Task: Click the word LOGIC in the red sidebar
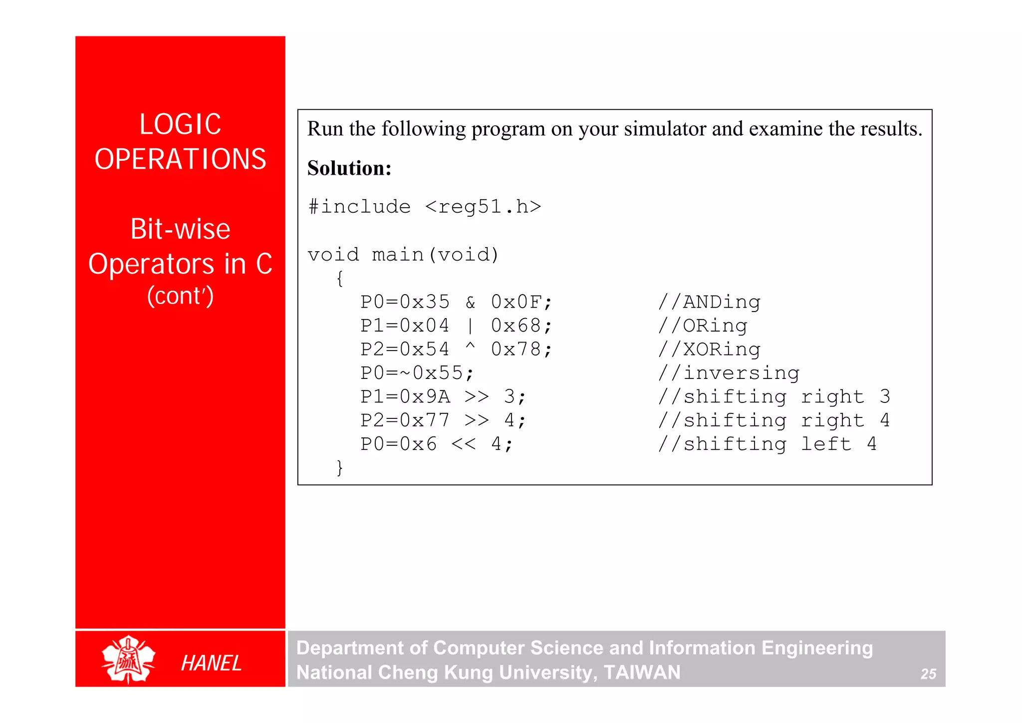tap(180, 124)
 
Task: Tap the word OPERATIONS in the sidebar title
tap(180, 159)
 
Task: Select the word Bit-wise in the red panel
tap(180, 229)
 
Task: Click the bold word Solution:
tap(349, 168)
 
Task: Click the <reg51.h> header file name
tap(483, 207)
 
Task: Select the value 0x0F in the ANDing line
tap(516, 302)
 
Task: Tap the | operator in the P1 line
tap(470, 326)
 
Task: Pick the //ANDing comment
tap(709, 302)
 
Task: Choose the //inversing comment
tap(729, 373)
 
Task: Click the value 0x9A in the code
tap(425, 397)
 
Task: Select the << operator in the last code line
tap(464, 444)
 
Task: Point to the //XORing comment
tap(709, 350)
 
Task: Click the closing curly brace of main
tap(340, 468)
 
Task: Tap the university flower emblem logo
tap(128, 659)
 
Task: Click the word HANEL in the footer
tap(211, 663)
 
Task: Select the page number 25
tap(928, 674)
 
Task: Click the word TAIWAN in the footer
tap(642, 673)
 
